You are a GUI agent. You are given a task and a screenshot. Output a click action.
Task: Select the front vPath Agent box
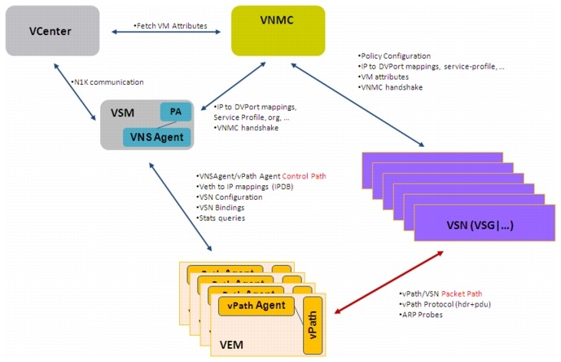point(257,307)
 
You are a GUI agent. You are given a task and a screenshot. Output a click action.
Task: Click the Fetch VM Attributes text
point(171,26)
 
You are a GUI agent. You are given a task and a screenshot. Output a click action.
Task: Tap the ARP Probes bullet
point(424,314)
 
